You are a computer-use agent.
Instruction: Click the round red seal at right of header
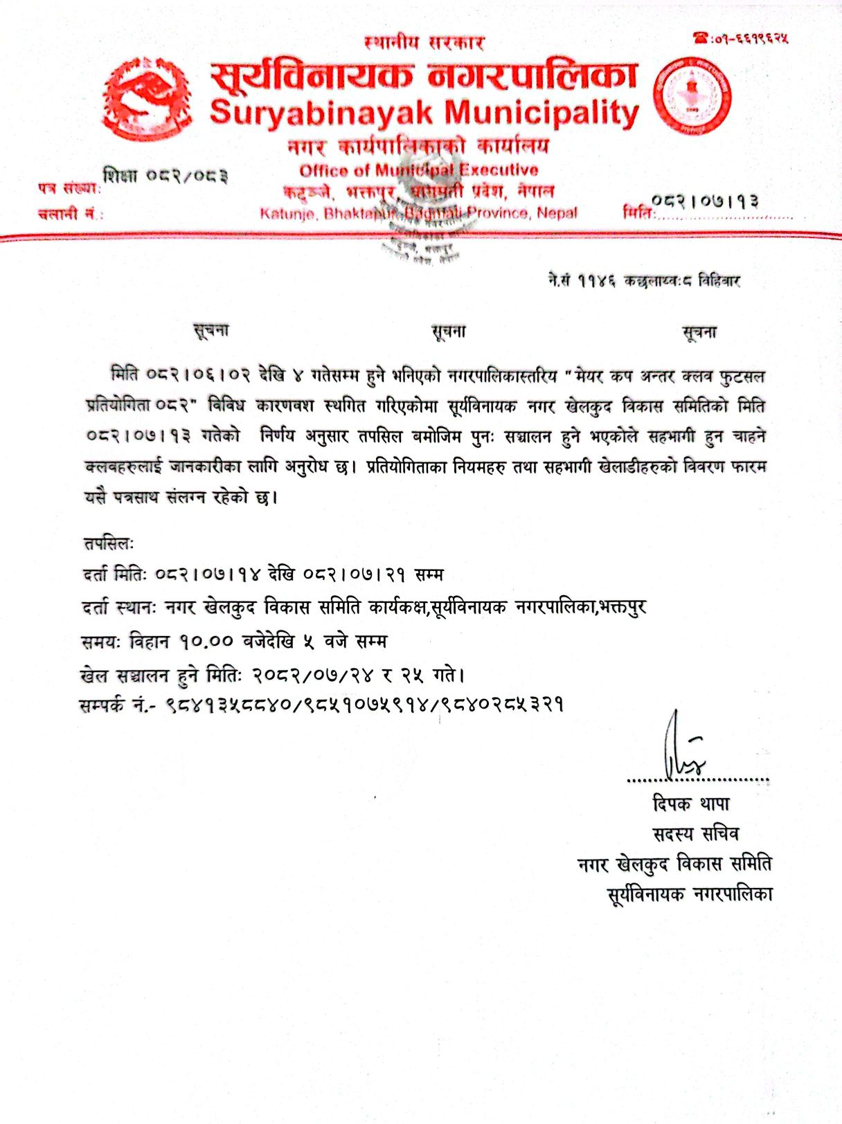[x=693, y=95]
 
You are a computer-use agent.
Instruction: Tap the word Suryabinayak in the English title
[x=323, y=113]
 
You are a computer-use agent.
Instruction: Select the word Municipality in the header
[x=542, y=113]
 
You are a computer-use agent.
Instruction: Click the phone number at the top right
[x=741, y=38]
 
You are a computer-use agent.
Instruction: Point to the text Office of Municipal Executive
[x=418, y=170]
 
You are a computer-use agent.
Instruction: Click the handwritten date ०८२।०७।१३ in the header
[x=706, y=201]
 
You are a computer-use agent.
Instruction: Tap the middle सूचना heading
[x=449, y=332]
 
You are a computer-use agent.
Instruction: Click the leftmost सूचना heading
[x=211, y=330]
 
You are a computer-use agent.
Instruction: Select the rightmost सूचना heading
[x=699, y=333]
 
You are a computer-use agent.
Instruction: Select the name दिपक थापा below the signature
[x=691, y=804]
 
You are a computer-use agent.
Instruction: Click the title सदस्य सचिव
[x=695, y=834]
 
